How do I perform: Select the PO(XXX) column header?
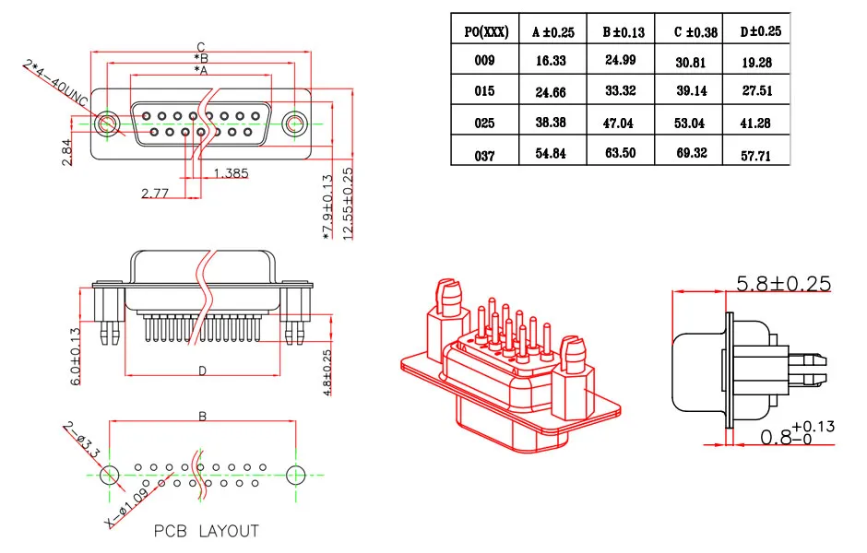pyautogui.click(x=485, y=31)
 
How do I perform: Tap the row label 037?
pyautogui.click(x=485, y=155)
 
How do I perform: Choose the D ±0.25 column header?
pyautogui.click(x=760, y=31)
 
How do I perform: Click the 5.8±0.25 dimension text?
pyautogui.click(x=783, y=283)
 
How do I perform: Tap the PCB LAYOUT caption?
pyautogui.click(x=206, y=531)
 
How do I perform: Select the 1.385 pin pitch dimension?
pyautogui.click(x=232, y=173)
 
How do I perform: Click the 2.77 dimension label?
pyautogui.click(x=155, y=193)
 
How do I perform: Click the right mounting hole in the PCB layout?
pyautogui.click(x=296, y=476)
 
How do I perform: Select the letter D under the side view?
pyautogui.click(x=202, y=371)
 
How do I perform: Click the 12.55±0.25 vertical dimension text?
pyautogui.click(x=348, y=203)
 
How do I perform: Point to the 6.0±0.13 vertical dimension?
pyautogui.click(x=76, y=356)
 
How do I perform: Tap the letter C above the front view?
pyautogui.click(x=200, y=47)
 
